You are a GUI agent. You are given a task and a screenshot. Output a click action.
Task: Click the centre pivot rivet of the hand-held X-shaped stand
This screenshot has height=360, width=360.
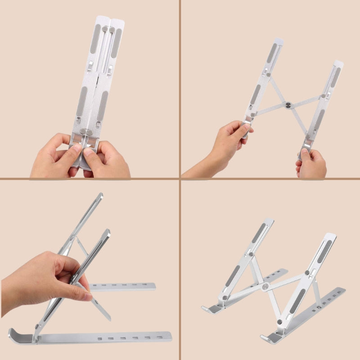(288, 105)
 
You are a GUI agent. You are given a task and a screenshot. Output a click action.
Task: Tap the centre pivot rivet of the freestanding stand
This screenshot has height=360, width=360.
(265, 286)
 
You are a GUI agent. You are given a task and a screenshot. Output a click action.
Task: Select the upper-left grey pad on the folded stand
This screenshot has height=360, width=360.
(95, 39)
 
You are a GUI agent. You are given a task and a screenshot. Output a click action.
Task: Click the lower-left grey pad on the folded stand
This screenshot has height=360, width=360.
(82, 102)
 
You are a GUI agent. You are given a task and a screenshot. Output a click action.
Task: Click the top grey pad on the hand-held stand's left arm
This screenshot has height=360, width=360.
(272, 53)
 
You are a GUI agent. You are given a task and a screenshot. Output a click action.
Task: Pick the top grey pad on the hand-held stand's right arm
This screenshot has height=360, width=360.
(335, 77)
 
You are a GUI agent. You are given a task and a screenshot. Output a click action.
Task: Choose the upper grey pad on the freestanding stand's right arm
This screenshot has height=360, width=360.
(324, 252)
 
